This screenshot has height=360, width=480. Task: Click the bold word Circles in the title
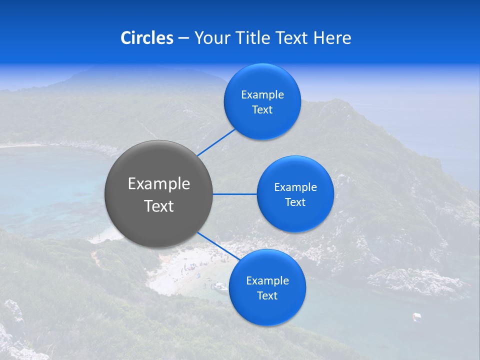[146, 38]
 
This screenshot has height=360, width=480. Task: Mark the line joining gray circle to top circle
[216, 142]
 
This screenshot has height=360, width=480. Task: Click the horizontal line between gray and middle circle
[235, 194]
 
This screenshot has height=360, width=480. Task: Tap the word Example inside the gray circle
[159, 184]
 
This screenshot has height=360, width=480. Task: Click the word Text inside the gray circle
[159, 206]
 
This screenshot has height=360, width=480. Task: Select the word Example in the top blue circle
[262, 95]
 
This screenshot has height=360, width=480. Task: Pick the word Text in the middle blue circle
[295, 202]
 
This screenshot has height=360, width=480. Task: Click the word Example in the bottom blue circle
[267, 281]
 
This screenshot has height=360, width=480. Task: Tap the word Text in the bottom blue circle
[267, 296]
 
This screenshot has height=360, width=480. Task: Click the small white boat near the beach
[220, 286]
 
